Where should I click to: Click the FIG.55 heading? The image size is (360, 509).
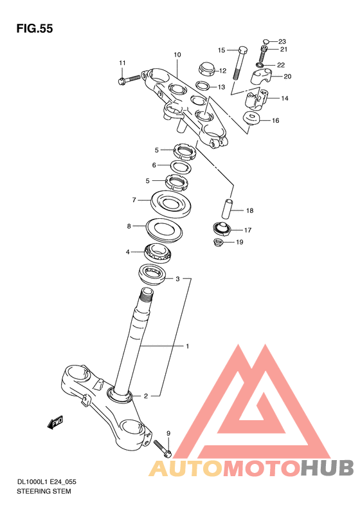34,28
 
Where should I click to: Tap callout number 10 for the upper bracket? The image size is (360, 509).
177,55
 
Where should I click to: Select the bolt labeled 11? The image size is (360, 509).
129,79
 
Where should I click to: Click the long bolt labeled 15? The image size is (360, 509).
239,63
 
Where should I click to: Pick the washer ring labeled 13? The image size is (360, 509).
203,86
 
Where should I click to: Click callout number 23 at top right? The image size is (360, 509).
282,42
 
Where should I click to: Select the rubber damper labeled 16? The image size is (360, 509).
251,118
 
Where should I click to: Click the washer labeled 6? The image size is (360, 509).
181,167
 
